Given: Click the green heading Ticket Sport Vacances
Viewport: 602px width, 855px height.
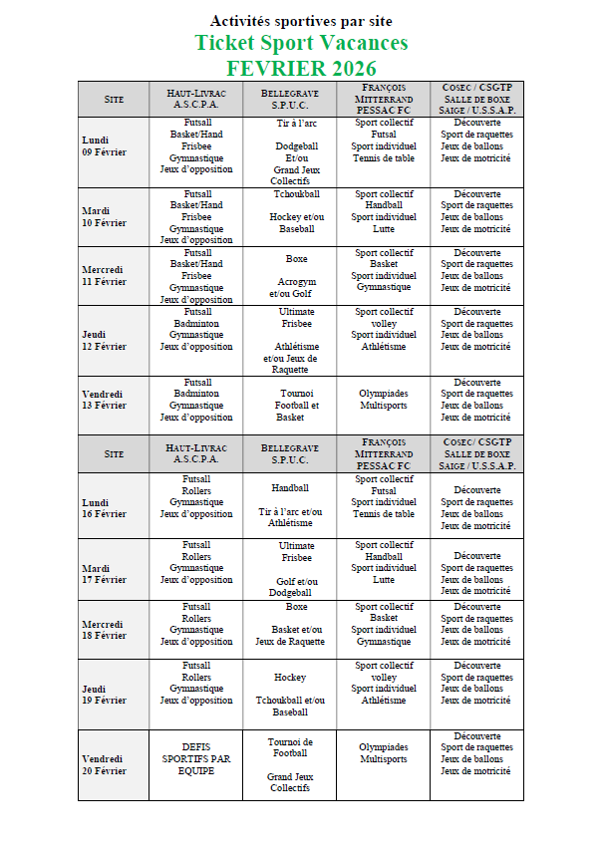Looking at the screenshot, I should (x=301, y=44).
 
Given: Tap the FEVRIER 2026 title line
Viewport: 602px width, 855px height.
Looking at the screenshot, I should (x=301, y=69).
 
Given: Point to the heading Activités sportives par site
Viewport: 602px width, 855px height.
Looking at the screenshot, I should (x=301, y=21).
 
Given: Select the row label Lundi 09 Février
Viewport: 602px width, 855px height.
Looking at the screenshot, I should (x=103, y=146).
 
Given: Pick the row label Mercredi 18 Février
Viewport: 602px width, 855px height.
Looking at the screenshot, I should (x=104, y=630).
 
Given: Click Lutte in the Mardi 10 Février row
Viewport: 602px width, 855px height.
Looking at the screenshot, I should (x=383, y=228).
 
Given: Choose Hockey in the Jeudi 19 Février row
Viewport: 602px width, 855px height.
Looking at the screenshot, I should (x=290, y=678).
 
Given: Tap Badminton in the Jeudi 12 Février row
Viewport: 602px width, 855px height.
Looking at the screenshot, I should (x=196, y=323).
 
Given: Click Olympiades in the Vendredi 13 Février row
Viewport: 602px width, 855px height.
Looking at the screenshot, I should (x=383, y=394).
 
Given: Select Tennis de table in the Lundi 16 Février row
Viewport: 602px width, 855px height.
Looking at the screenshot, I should (x=383, y=514).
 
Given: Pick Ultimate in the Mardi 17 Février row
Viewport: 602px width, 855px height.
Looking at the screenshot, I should (x=296, y=546).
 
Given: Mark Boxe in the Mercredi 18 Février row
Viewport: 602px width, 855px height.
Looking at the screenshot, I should (x=296, y=607).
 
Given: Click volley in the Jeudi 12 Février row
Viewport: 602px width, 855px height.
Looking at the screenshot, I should (x=383, y=323).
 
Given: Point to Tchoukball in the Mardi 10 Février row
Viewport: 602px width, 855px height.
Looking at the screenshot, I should (x=296, y=194).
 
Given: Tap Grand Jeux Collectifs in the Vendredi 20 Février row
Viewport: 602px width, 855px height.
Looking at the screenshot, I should (x=290, y=782).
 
